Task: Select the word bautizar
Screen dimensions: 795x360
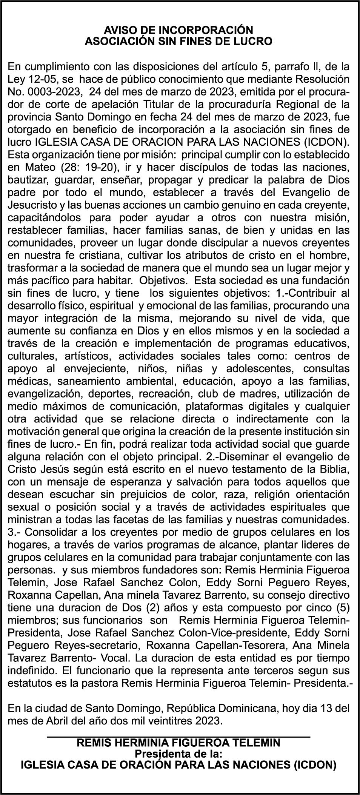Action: click(27, 180)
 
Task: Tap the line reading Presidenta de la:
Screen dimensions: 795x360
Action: click(178, 754)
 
